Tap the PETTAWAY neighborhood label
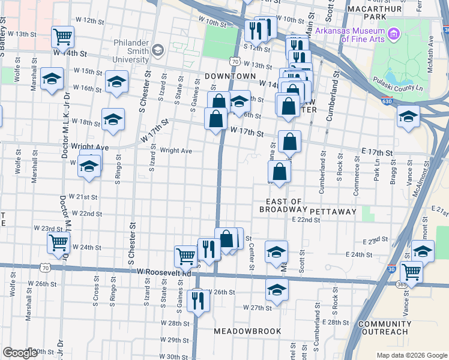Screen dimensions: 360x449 pos(333,212)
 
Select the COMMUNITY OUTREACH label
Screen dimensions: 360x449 pos(384,328)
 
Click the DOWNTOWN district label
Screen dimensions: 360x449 pos(230,77)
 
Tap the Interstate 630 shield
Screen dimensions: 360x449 pos(388,103)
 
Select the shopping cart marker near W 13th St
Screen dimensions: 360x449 pos(62,37)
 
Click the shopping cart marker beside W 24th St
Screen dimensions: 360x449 pos(59,242)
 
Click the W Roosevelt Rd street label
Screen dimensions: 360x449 pos(163,272)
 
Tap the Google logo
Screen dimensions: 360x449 pos(20,353)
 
